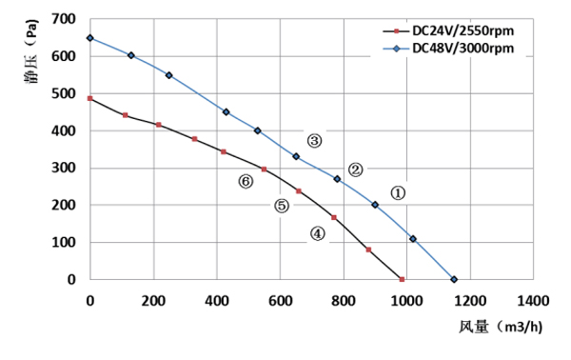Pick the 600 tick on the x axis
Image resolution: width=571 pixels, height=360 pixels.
coord(280,301)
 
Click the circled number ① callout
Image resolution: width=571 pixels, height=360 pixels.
coord(399,191)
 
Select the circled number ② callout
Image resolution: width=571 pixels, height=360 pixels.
coord(356,170)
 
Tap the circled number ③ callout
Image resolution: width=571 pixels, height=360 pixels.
coord(314,141)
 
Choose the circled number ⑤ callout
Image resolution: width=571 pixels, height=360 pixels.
coord(282,205)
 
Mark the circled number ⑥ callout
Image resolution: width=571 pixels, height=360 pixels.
coord(246,181)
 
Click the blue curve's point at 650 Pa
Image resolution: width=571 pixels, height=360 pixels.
coord(89,38)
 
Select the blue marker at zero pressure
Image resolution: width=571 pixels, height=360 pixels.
coord(454,279)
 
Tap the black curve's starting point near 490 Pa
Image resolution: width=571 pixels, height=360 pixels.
coord(89,98)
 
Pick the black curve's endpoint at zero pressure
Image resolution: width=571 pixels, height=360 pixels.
coord(403,279)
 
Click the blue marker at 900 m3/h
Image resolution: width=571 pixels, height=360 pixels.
coord(375,205)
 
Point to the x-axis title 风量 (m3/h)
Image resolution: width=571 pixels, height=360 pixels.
coord(500,327)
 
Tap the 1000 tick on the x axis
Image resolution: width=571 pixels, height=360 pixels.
coord(406,301)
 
